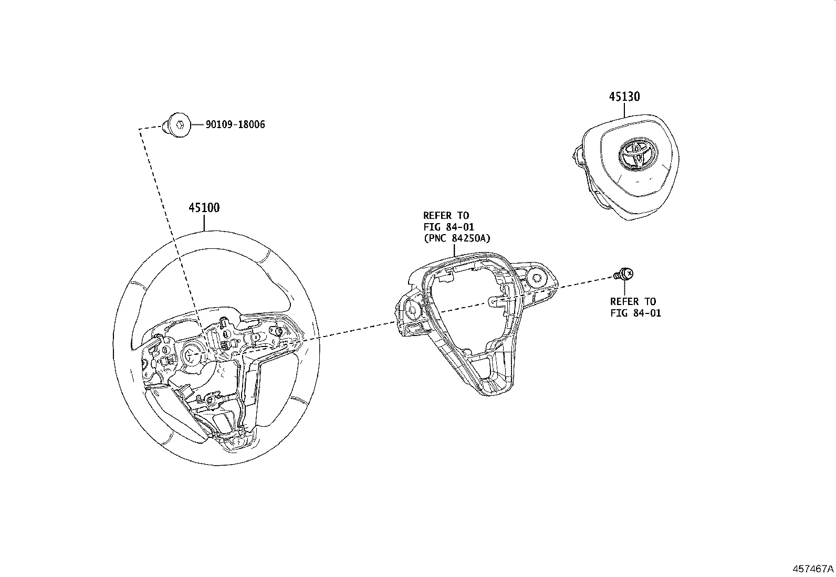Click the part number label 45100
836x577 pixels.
click(204, 208)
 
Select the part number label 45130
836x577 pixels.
click(624, 97)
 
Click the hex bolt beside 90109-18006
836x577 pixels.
click(177, 125)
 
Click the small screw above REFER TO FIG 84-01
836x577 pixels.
click(624, 274)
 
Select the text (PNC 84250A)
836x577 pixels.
click(456, 238)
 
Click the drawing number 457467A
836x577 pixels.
click(813, 569)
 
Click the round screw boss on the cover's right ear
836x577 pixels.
click(537, 278)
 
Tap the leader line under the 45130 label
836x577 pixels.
click(624, 110)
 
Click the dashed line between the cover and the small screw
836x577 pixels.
click(583, 284)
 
